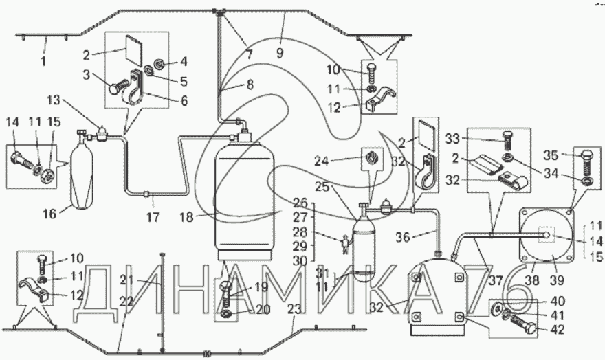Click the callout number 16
pyautogui.click(x=49, y=213)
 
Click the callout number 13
pyautogui.click(x=54, y=100)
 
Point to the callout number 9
pyautogui.click(x=280, y=53)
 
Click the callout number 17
pyautogui.click(x=153, y=217)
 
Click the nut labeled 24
pyautogui.click(x=372, y=157)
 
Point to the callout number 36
pyautogui.click(x=403, y=237)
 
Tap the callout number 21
pyautogui.click(x=126, y=280)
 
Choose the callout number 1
pyautogui.click(x=43, y=60)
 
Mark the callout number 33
pyautogui.click(x=453, y=138)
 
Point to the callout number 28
pyautogui.click(x=300, y=232)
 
